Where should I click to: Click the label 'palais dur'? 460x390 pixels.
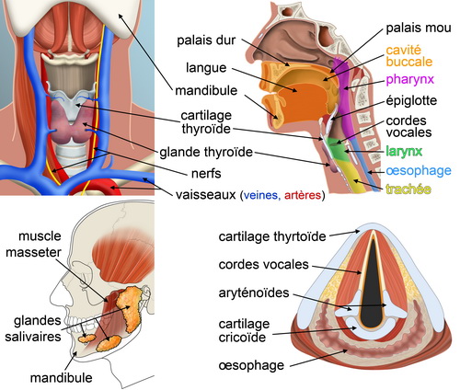point(206,40)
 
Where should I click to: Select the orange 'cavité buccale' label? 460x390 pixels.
point(409,56)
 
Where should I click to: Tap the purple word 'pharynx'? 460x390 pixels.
point(410,80)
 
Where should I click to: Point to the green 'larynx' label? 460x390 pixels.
point(404,151)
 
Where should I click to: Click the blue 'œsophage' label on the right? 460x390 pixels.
point(419,171)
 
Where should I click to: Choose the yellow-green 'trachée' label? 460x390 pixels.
point(408,189)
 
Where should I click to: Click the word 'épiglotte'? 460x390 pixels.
point(411,101)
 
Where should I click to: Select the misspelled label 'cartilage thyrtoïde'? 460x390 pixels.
point(272,237)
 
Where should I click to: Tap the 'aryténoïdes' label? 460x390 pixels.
point(254,293)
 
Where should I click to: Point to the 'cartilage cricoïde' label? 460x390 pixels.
point(244,330)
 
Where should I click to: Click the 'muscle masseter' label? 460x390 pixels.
point(34,245)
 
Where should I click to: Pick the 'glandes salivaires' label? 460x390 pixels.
point(33,328)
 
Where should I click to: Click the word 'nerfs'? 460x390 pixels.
point(206,174)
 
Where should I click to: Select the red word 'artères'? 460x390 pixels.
point(303,195)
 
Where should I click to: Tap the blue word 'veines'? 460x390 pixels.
point(262,195)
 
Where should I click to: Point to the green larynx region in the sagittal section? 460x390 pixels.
point(338,149)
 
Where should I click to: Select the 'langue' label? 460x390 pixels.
point(206,68)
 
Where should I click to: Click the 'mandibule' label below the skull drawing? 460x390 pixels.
point(62,378)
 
